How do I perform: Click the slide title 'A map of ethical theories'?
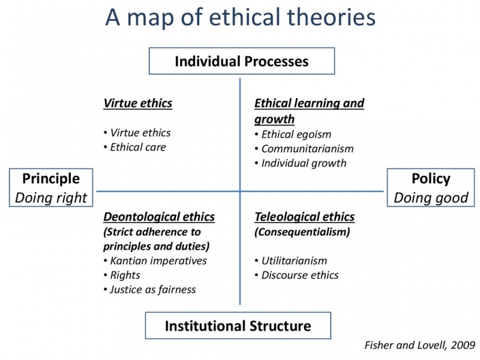(x=241, y=17)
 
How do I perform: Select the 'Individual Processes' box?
(x=242, y=61)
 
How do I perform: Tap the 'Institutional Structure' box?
(x=238, y=325)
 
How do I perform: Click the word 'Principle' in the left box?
(x=51, y=179)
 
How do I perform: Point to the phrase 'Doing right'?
(x=51, y=198)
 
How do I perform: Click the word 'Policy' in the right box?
(x=431, y=179)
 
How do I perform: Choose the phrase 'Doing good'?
(x=431, y=198)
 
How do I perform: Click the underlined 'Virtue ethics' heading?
(x=138, y=103)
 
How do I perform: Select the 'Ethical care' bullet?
(x=134, y=147)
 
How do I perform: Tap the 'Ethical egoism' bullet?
(x=293, y=134)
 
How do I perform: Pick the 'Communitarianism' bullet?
(x=304, y=149)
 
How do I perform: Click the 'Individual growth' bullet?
(x=301, y=163)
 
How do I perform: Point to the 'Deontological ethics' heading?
(x=159, y=217)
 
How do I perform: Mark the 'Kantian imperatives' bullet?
(x=155, y=261)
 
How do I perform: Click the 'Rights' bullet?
(x=122, y=275)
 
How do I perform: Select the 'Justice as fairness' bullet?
(x=149, y=290)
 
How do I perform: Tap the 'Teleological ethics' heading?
(x=305, y=217)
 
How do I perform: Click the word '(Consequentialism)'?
(x=302, y=232)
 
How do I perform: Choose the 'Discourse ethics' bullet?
(x=296, y=275)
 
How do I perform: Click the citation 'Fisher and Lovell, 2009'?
(x=419, y=346)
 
